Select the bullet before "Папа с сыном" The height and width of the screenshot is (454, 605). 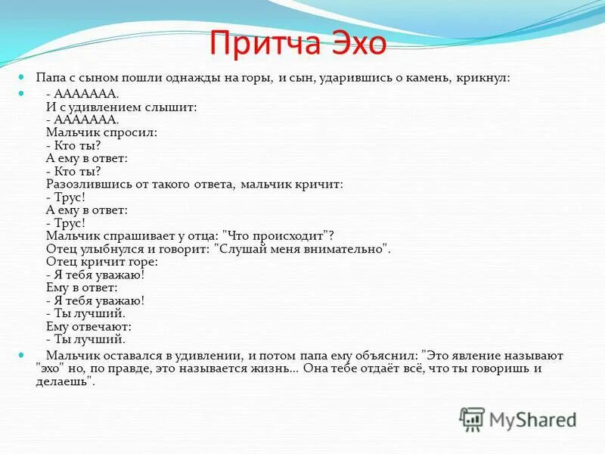pos(22,78)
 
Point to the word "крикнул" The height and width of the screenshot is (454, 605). pos(484,79)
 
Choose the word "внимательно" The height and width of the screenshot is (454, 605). pos(346,248)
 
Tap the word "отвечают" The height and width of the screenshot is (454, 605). pos(101,326)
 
